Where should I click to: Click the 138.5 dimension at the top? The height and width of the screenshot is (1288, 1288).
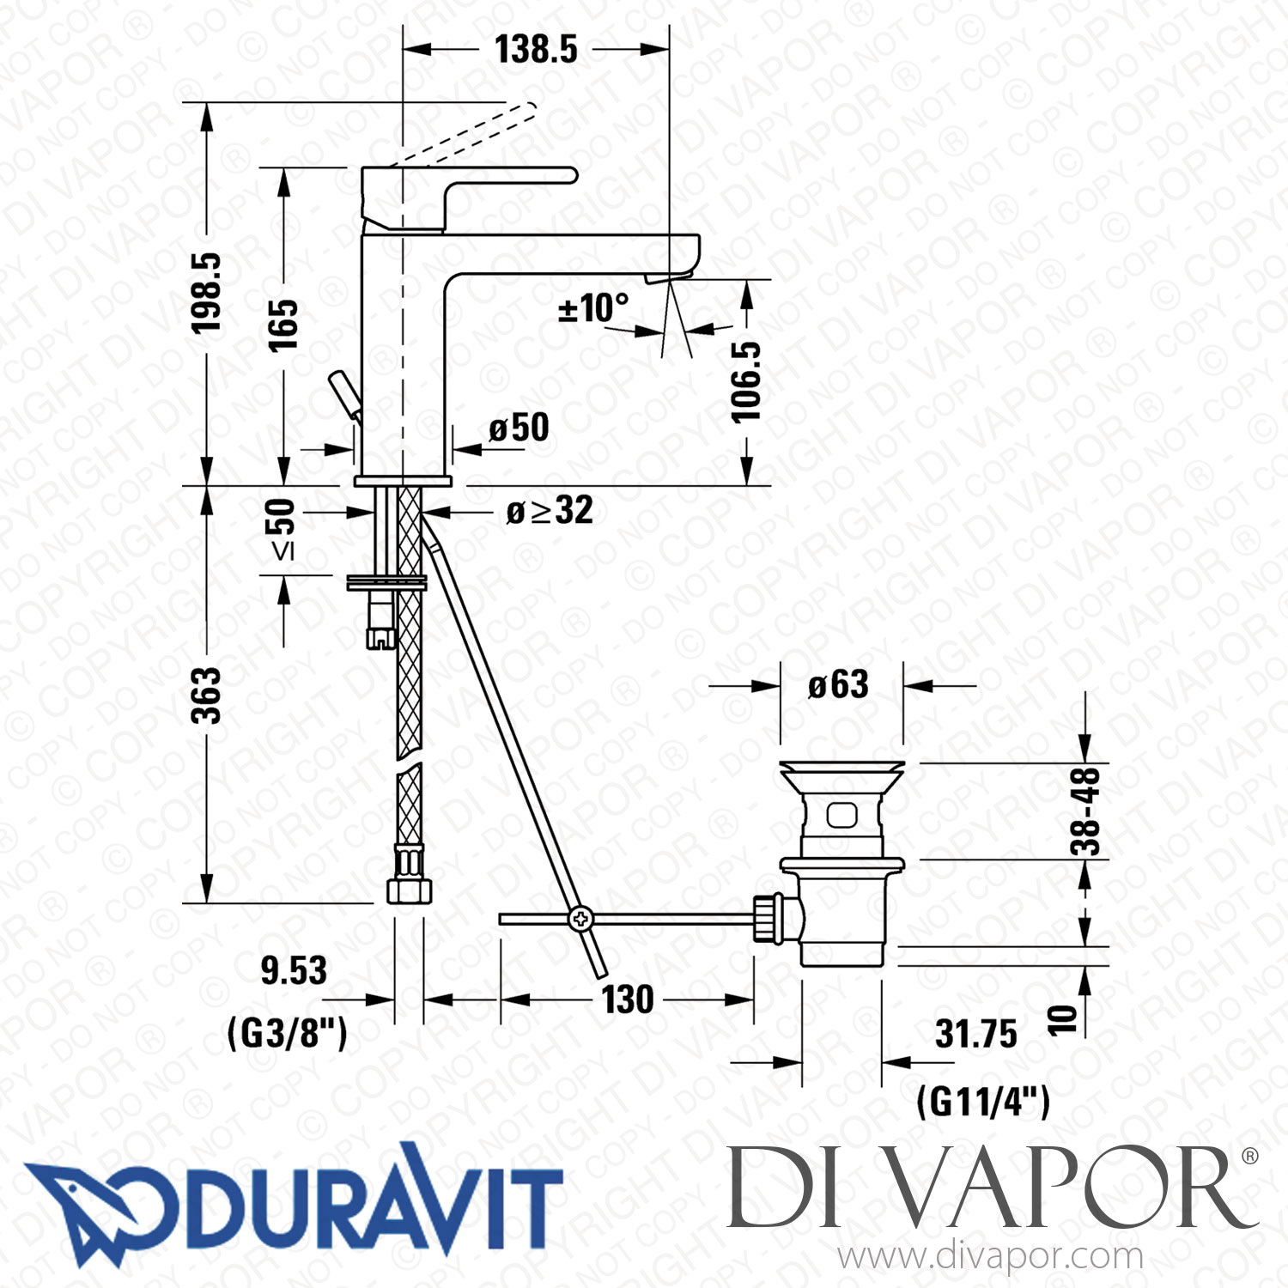536,49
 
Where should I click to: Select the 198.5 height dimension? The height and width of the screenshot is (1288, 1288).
206,292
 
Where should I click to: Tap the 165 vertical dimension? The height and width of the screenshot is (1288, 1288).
283,325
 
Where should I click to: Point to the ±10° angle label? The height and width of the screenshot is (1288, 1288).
593,308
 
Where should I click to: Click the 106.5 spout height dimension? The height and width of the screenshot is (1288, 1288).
746,381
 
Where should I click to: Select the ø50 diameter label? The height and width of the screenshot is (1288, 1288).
519,427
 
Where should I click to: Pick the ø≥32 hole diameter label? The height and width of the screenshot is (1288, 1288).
550,510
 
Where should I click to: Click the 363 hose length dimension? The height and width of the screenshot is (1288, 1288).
206,695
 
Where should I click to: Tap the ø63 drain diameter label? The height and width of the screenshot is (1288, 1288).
838,685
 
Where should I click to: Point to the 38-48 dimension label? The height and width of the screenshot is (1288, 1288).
1085,811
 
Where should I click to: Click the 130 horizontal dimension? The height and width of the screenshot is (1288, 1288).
627,999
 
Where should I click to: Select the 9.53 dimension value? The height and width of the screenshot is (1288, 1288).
294,970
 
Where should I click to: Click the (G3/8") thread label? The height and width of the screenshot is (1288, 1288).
288,1032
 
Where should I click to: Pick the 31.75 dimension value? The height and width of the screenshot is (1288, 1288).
975,1034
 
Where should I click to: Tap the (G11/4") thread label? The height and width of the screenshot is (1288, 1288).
983,1101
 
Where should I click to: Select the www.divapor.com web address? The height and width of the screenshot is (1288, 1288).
990,1256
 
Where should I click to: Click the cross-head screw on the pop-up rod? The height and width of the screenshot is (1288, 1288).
581,919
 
